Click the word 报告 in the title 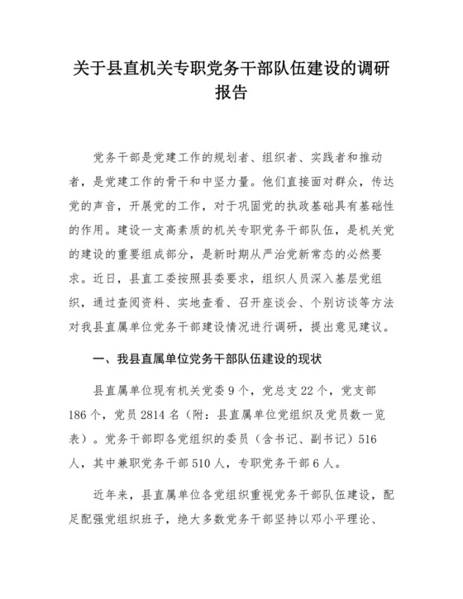231,93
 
